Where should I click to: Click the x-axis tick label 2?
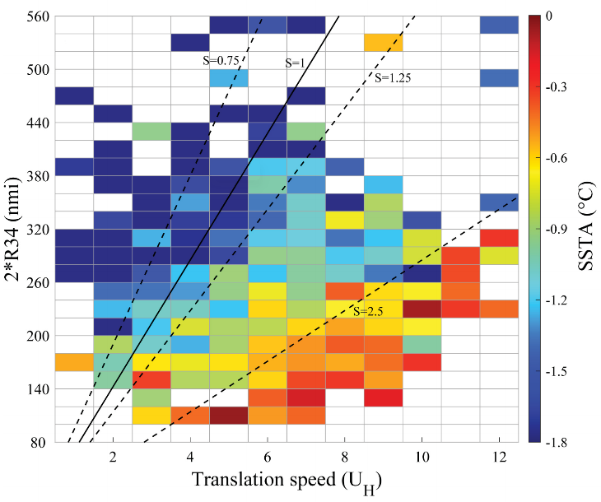tap(113, 456)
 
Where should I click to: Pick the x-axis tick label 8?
tap(344, 456)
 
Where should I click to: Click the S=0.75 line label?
tap(220, 60)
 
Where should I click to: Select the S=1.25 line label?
tap(393, 78)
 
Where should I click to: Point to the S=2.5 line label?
tap(368, 311)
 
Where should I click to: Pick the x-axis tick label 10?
tap(421, 456)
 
